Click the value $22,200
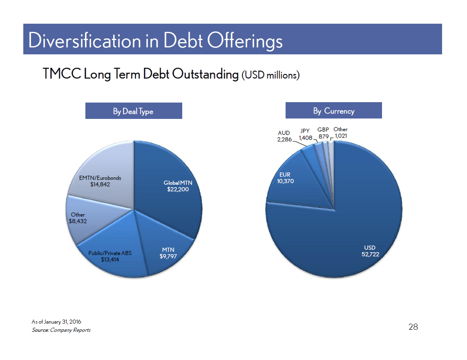point(178,189)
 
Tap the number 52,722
point(370,254)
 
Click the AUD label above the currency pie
point(284,133)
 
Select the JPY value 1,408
point(306,138)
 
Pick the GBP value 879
point(324,136)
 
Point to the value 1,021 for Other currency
point(341,136)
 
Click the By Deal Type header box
point(134,111)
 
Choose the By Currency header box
point(333,110)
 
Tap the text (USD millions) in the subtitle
point(270,75)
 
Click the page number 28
point(413,327)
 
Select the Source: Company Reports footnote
point(61,330)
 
